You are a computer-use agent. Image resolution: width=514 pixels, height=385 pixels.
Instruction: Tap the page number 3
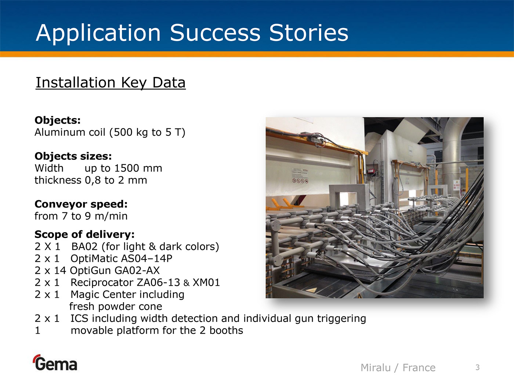pos(478,367)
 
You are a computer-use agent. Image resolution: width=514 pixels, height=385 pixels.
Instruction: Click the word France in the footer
pos(419,368)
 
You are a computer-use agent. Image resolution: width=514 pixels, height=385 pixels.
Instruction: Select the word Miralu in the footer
pos(376,368)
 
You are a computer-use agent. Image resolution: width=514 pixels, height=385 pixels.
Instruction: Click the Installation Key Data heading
pos(111,83)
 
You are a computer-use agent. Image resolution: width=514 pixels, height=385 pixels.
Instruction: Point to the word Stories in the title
pos(309,33)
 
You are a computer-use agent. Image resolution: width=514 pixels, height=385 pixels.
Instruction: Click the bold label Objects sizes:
pos(73,156)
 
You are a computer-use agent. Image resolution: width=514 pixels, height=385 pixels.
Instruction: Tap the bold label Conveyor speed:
pos(81,204)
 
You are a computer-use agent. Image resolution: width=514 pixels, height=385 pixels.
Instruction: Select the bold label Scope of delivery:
pos(84,234)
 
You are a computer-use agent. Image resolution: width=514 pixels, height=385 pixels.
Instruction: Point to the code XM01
pos(206,283)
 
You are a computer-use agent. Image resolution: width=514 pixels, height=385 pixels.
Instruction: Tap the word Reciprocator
pos(102,283)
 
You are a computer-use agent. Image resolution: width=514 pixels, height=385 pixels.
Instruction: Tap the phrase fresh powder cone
pos(116,307)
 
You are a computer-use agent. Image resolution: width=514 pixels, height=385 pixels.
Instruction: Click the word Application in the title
pos(98,33)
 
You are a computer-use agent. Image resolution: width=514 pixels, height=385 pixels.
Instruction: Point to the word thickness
pos(58,180)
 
